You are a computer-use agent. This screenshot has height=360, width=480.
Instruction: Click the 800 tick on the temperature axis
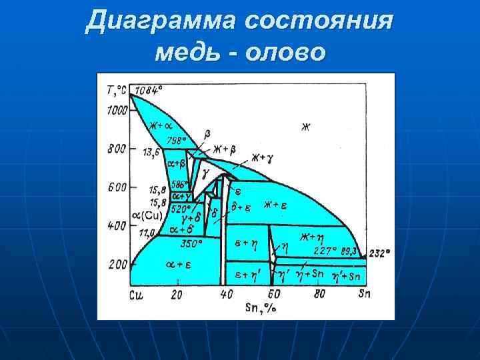tap(117, 149)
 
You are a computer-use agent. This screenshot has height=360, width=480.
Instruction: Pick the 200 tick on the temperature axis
tap(117, 265)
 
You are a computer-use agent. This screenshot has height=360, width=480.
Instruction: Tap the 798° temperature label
tap(177, 140)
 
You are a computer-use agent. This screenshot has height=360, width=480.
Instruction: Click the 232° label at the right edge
tap(379, 253)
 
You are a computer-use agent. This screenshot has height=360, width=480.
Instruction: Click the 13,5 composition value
tap(151, 152)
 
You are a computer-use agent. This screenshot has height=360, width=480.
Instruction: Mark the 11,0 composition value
tap(147, 233)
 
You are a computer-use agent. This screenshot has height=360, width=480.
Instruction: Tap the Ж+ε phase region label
tap(275, 205)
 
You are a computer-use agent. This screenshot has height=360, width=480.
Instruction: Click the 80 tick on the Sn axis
tap(319, 294)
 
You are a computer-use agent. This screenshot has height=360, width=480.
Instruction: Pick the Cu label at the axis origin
tap(137, 294)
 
